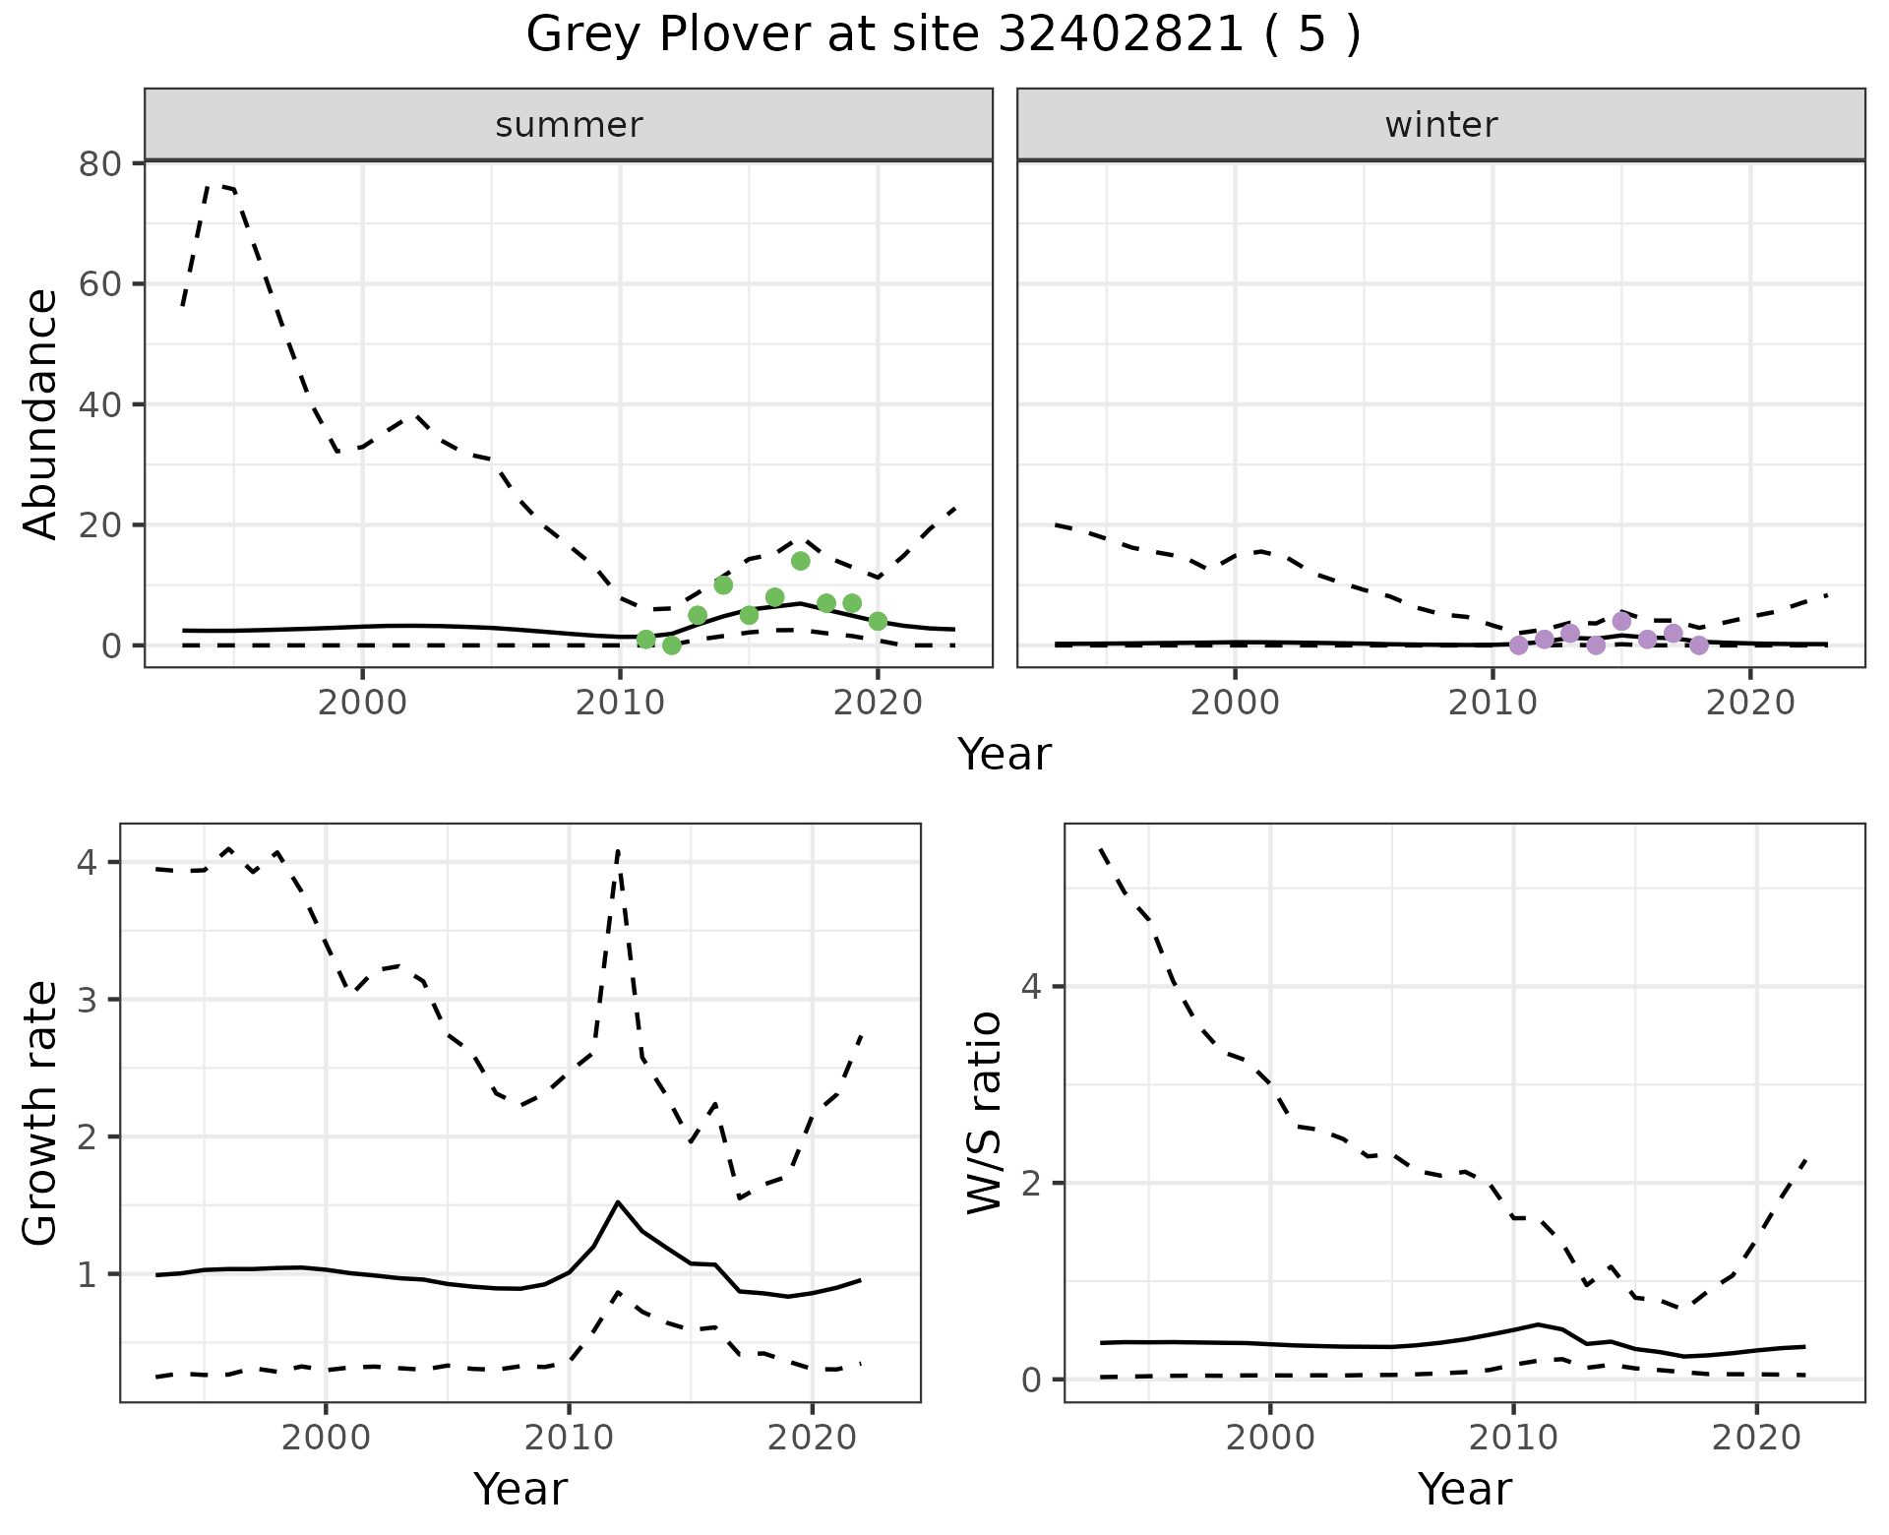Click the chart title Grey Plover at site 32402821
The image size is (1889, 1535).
[943, 35]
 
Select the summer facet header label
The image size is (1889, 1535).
[569, 125]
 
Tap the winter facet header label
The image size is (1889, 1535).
[1440, 125]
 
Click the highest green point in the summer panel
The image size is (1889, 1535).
[800, 561]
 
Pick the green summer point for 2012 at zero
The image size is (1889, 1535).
[672, 645]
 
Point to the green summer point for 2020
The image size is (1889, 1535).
[878, 621]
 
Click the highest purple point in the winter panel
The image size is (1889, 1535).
[1621, 621]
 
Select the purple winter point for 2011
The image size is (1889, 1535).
[1518, 645]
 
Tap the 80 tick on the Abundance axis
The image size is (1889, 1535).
[98, 163]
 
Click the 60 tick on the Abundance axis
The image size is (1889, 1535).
[98, 284]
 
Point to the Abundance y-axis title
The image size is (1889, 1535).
[41, 413]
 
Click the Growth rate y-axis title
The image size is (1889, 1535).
[41, 1114]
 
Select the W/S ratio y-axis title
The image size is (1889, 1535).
[984, 1114]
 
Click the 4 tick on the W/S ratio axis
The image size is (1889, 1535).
[1031, 987]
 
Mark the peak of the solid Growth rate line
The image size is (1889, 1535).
[617, 1201]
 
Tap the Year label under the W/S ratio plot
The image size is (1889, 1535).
[1464, 1490]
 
